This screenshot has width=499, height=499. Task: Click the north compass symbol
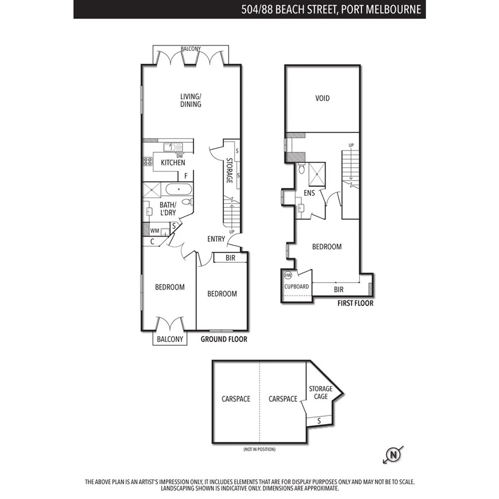(394, 456)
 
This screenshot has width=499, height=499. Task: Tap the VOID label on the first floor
(322, 99)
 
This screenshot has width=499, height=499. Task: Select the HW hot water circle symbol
(288, 275)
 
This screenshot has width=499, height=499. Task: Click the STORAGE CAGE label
(321, 392)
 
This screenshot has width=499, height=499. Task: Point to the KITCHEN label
(173, 163)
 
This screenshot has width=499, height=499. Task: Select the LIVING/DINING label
(191, 101)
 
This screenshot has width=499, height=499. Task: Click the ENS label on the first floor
(309, 193)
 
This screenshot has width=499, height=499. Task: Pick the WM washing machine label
(154, 231)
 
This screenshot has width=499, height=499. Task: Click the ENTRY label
(216, 239)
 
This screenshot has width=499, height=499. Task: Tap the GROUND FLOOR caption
(224, 339)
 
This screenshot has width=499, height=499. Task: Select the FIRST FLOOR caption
(355, 304)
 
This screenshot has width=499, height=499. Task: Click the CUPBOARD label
(297, 287)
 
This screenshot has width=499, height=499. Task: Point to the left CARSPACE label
(236, 399)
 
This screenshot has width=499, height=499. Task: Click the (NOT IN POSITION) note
(259, 449)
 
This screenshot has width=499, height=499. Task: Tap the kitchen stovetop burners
(147, 161)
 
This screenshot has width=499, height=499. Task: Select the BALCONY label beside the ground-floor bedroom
(170, 339)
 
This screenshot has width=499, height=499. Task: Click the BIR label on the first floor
(338, 290)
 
